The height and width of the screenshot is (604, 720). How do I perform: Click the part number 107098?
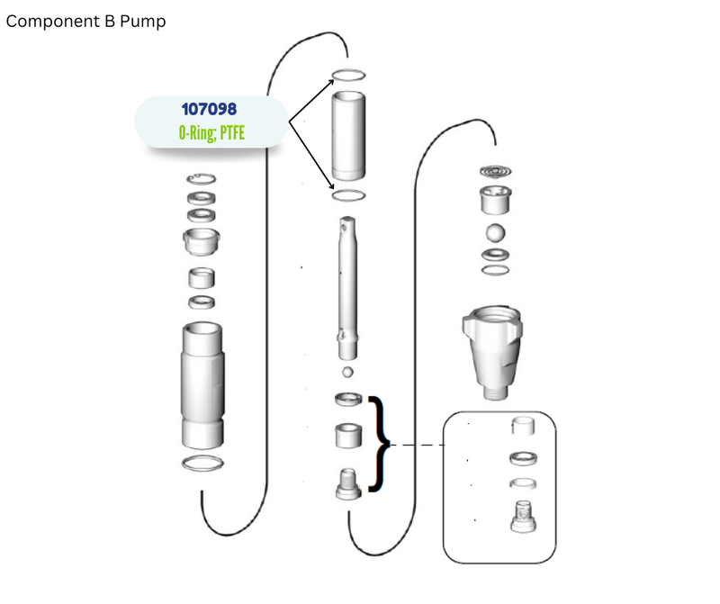click(x=209, y=109)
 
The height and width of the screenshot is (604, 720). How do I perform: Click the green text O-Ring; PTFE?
click(x=211, y=132)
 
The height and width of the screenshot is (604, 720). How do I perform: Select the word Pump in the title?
click(x=142, y=22)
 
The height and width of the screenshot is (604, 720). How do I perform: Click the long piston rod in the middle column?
click(x=347, y=288)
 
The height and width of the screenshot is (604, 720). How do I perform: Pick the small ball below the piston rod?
click(x=347, y=372)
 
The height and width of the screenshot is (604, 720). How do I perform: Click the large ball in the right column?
click(x=496, y=233)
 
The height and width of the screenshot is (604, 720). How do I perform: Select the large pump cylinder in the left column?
click(x=203, y=385)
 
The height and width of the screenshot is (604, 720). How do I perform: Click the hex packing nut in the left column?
click(x=201, y=241)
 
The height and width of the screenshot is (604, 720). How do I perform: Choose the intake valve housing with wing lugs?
click(x=492, y=352)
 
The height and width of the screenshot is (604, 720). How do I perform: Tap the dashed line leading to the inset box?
click(x=417, y=445)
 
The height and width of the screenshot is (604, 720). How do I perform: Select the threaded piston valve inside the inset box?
click(x=524, y=517)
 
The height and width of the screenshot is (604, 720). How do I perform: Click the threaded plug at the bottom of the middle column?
click(x=348, y=484)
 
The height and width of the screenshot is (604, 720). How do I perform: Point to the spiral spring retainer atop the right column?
click(x=496, y=172)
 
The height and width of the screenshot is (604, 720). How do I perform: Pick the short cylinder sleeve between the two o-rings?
click(x=348, y=136)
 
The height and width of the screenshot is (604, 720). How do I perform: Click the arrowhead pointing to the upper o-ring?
click(x=331, y=82)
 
